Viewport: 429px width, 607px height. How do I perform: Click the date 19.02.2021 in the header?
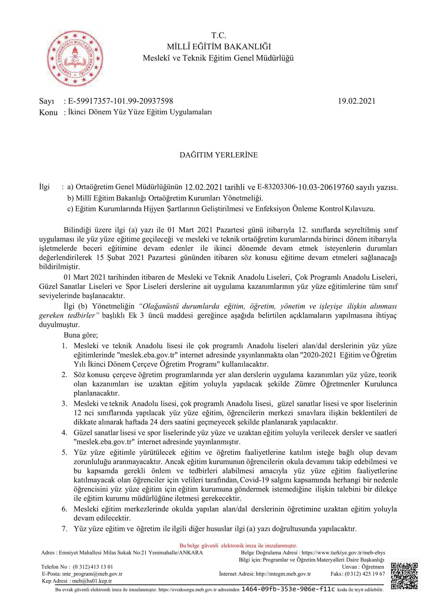pos(356,101)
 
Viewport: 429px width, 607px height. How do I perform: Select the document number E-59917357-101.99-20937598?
pos(120,101)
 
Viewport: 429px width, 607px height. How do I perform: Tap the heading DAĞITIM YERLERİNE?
pos(219,155)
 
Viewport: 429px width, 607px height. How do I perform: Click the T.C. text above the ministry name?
pos(219,36)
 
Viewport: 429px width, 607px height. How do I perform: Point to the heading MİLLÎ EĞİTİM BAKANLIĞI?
pos(219,47)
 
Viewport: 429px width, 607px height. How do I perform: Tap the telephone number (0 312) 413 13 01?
pos(93,567)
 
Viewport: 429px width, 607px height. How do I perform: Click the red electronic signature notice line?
pos(238,545)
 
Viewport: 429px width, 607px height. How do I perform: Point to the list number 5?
pos(65,453)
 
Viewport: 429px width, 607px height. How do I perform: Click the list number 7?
pos(65,528)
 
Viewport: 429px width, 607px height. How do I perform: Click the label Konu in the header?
pos(48,113)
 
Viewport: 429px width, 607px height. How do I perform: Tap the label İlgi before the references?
pos(44,187)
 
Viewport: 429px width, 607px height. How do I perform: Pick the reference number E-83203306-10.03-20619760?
pos(305,187)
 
